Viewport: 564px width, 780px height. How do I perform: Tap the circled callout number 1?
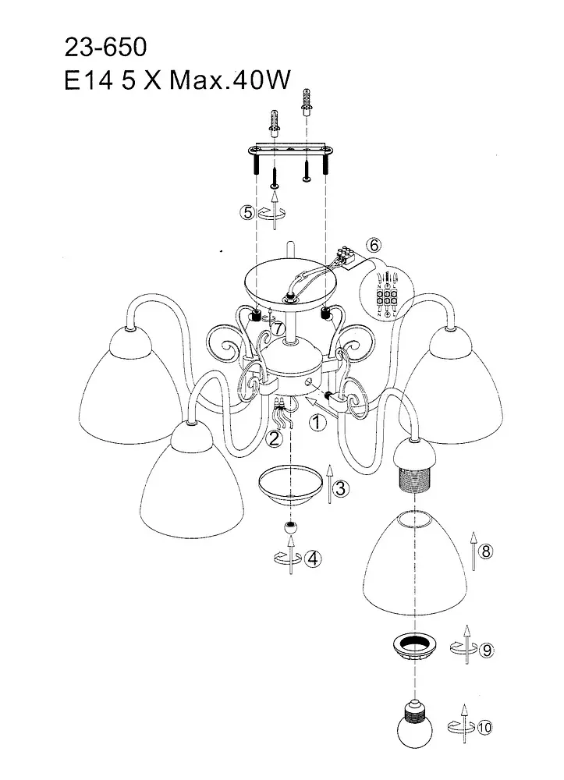click(x=317, y=424)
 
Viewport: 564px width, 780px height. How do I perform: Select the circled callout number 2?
click(x=272, y=439)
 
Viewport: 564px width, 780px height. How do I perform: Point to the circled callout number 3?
click(x=340, y=489)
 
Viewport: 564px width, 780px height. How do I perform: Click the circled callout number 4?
click(x=312, y=559)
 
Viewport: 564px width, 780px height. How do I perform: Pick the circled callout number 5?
click(x=247, y=211)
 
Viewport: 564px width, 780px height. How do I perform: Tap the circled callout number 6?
click(x=374, y=246)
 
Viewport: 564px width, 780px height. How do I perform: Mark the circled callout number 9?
click(x=484, y=650)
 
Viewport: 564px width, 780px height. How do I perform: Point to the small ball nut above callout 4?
click(x=290, y=530)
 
